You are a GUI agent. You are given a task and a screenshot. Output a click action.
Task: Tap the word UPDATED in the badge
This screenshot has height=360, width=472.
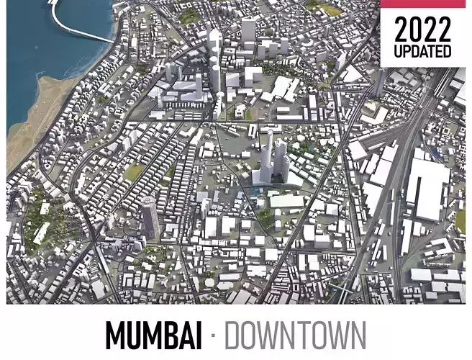423,52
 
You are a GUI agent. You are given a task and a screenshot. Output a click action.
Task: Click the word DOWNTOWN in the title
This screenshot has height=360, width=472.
295,336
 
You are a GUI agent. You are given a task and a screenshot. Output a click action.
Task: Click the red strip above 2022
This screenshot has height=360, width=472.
425,4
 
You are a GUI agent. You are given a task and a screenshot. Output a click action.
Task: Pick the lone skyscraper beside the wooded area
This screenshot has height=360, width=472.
150,217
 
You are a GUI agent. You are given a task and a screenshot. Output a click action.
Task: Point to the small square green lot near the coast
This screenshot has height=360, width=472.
134,172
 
